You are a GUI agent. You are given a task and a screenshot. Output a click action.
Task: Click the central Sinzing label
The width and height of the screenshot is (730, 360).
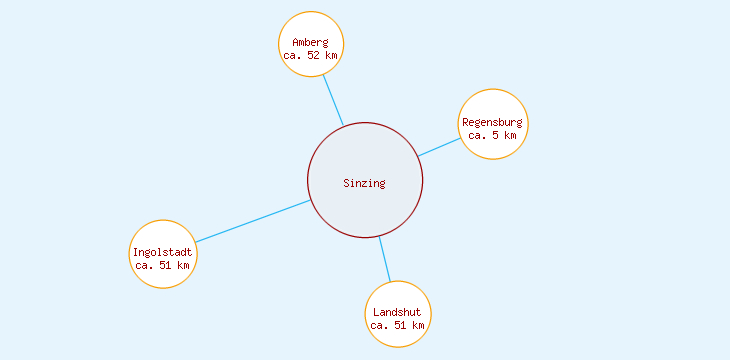364,183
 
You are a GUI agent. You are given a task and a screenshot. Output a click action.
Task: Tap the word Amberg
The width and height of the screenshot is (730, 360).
310,42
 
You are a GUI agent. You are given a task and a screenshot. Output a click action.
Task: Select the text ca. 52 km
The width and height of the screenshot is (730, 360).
310,56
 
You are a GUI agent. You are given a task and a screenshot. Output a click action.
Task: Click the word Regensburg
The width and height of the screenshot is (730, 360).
492,122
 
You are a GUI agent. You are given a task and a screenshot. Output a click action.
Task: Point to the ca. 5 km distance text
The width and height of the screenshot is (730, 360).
492,135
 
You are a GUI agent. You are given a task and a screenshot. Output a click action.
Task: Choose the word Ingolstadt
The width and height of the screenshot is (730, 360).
162,252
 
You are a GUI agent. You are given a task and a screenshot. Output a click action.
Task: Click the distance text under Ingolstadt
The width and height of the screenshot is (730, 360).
162,266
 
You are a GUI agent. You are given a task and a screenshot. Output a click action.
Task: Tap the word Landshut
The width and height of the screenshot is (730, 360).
397,312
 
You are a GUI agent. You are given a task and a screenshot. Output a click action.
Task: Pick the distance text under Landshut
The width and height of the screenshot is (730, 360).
397,326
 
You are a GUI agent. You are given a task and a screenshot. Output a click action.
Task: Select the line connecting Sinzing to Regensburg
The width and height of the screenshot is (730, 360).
440,146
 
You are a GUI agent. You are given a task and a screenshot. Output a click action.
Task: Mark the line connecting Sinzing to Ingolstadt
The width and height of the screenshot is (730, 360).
252,221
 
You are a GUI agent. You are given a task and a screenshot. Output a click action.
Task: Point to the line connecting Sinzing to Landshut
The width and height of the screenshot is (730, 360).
384,259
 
